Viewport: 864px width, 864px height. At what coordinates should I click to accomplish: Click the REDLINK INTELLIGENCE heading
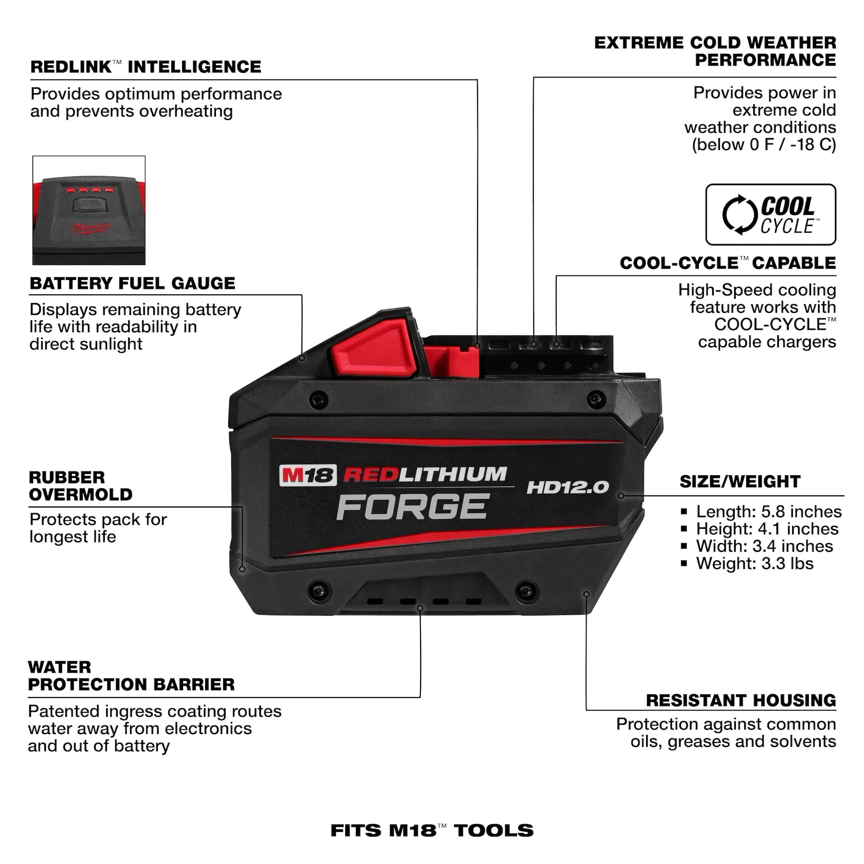click(145, 67)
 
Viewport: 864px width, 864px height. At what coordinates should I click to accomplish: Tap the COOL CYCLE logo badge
click(770, 215)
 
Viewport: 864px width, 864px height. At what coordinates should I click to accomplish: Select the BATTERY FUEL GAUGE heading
click(132, 283)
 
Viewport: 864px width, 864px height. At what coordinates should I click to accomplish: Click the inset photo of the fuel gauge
click(89, 210)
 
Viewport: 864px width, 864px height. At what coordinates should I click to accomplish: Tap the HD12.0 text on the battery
click(567, 487)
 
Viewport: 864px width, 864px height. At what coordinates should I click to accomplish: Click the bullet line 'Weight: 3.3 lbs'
click(755, 563)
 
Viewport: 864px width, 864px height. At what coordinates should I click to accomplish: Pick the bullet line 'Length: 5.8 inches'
click(768, 512)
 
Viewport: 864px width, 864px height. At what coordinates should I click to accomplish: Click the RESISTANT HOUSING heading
click(741, 700)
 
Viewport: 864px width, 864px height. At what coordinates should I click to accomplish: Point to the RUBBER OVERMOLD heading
click(81, 486)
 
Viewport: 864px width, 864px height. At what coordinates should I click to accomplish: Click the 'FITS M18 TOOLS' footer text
click(432, 830)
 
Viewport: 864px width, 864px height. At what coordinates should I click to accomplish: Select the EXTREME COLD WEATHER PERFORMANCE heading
click(715, 51)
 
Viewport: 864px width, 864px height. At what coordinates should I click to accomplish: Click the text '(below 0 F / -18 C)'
click(764, 145)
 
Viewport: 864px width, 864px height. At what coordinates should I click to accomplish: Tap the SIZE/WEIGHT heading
click(740, 481)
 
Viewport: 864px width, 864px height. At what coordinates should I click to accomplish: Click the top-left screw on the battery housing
click(319, 399)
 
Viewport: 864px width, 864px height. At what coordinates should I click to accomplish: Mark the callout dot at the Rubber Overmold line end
click(242, 569)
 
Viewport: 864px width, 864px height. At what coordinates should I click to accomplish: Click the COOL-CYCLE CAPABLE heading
click(728, 263)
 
